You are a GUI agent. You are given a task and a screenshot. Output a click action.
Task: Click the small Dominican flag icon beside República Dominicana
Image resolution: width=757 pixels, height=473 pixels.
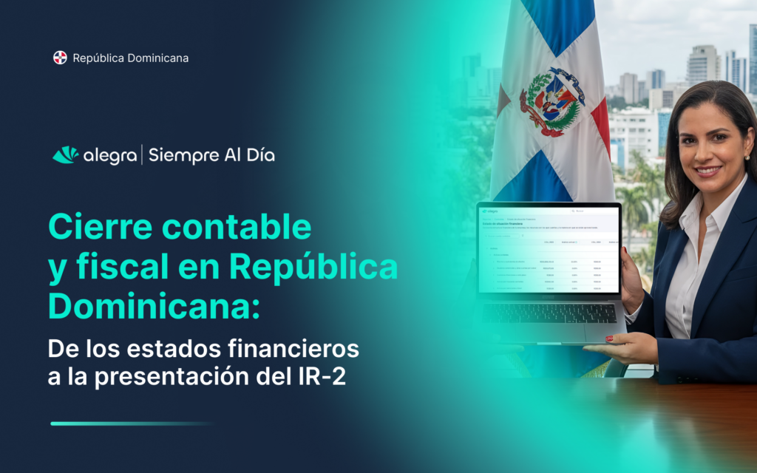pyautogui.click(x=60, y=58)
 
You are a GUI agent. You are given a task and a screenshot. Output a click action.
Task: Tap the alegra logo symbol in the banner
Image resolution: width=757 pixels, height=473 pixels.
pyautogui.click(x=65, y=155)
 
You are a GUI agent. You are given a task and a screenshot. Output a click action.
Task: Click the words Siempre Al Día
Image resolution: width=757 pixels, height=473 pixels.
pyautogui.click(x=211, y=155)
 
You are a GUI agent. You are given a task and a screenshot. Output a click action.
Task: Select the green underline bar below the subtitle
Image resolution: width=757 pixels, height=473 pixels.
pyautogui.click(x=133, y=423)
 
